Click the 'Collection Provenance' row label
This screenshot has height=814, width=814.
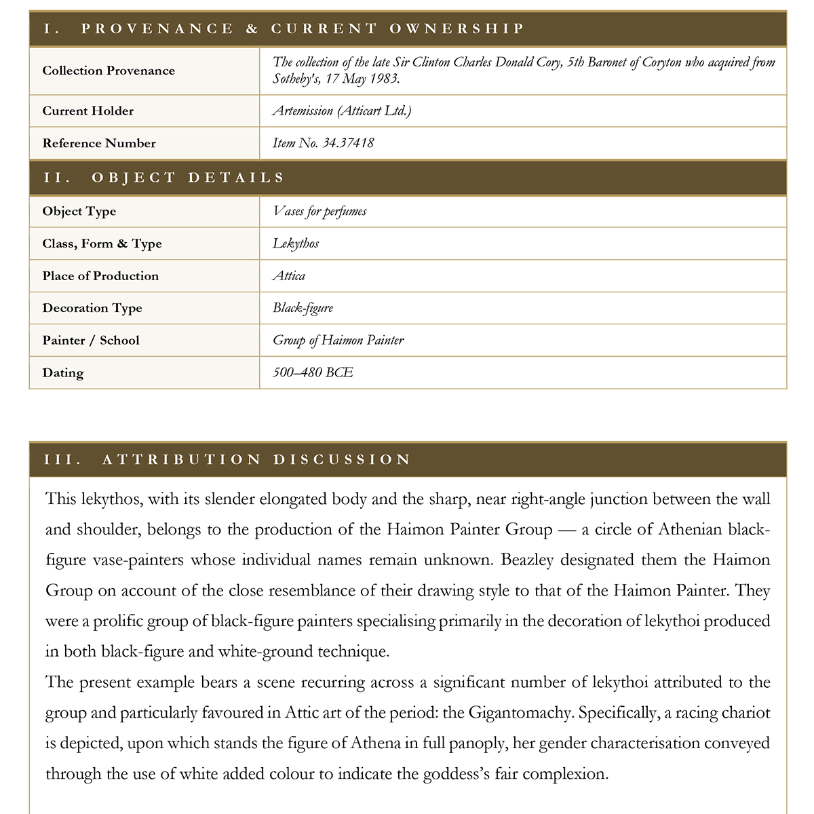[x=109, y=71]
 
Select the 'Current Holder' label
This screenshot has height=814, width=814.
[x=88, y=111]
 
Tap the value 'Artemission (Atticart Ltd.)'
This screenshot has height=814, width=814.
[x=342, y=111]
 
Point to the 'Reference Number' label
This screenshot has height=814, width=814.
[x=99, y=143]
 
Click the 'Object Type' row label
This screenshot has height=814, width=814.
[x=79, y=211]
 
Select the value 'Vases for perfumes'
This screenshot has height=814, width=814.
[x=319, y=211]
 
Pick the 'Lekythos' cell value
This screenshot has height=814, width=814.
[x=296, y=244]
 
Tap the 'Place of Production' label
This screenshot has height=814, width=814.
[x=100, y=276]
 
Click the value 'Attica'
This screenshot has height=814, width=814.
[x=289, y=276]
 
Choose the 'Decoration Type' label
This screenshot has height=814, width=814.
[x=92, y=308]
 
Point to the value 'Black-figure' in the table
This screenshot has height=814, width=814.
[x=303, y=308]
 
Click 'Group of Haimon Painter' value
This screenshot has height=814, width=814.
[x=338, y=341]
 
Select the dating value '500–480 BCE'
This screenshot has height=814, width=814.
[x=313, y=372]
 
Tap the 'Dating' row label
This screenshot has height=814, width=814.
[x=63, y=372]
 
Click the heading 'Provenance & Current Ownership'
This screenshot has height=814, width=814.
[x=303, y=28]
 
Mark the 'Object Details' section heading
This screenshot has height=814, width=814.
[x=188, y=178]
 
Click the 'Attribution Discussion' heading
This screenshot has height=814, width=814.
[x=256, y=459]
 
